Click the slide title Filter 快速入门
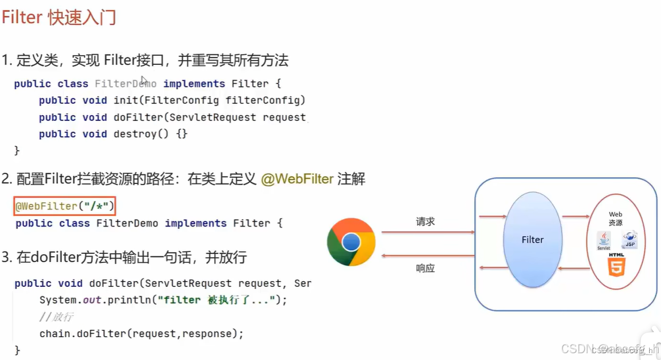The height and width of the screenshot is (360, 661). (59, 18)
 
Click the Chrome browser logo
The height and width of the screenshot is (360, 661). (351, 242)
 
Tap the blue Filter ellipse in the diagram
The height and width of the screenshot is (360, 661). (533, 240)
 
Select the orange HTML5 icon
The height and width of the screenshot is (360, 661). (616, 265)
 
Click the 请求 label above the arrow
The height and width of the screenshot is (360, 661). (425, 222)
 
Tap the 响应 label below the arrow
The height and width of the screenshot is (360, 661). (425, 269)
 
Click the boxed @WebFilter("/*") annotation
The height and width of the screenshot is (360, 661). (65, 206)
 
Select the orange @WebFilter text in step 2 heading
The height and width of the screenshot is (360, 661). (297, 179)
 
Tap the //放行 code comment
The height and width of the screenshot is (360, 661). (56, 317)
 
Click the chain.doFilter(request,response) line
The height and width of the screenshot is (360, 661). (141, 334)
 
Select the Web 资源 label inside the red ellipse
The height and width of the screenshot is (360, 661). (616, 219)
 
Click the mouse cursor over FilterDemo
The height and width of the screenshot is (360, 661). (144, 81)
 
